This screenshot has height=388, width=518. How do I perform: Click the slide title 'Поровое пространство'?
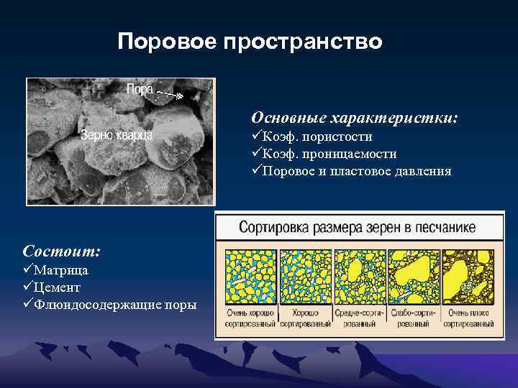(250, 42)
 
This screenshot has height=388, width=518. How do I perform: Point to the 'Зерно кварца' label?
(116, 134)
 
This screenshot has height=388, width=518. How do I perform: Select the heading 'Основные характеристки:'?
(354, 117)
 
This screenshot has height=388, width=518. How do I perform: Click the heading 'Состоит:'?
(61, 251)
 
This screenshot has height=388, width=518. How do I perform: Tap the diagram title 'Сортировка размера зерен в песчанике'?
(357, 228)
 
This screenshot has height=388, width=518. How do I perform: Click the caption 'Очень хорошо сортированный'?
(251, 319)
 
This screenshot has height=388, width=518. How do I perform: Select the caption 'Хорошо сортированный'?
(305, 319)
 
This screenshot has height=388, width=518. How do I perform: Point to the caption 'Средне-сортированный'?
(359, 319)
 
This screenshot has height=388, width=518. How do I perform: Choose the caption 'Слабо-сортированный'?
(413, 319)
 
